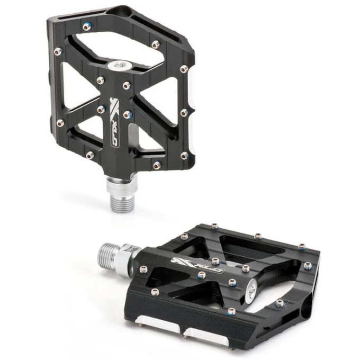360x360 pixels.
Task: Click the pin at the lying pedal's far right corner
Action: (302, 247)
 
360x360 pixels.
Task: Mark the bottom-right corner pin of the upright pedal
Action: (184, 156)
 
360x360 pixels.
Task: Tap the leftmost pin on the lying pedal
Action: (142, 271)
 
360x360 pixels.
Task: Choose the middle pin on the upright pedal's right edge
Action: (183, 113)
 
